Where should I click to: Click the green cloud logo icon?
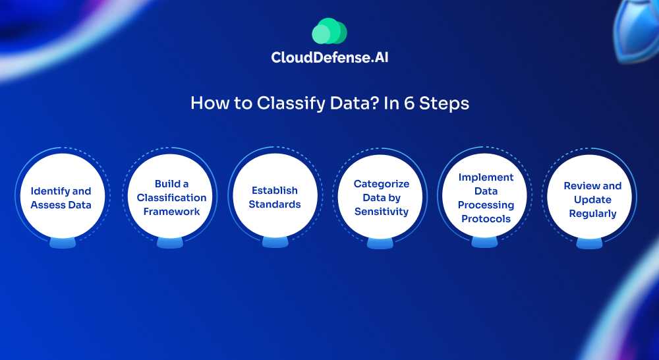[x=329, y=31]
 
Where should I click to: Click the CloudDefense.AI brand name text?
[x=329, y=57]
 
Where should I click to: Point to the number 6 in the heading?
[x=409, y=104]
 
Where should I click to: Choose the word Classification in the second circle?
[x=171, y=198]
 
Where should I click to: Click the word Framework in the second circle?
[x=171, y=212]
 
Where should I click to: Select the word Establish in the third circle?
[x=274, y=191]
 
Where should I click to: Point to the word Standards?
[x=274, y=204]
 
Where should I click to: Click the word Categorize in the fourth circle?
[x=381, y=184]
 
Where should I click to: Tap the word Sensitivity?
[x=381, y=212]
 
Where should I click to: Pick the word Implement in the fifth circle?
[x=486, y=177]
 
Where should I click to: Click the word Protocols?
[x=486, y=219]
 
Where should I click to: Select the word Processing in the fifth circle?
[x=486, y=205]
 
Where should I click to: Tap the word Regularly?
[x=592, y=214]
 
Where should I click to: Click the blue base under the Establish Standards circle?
[x=275, y=242]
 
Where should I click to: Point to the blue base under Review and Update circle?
[x=589, y=243]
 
